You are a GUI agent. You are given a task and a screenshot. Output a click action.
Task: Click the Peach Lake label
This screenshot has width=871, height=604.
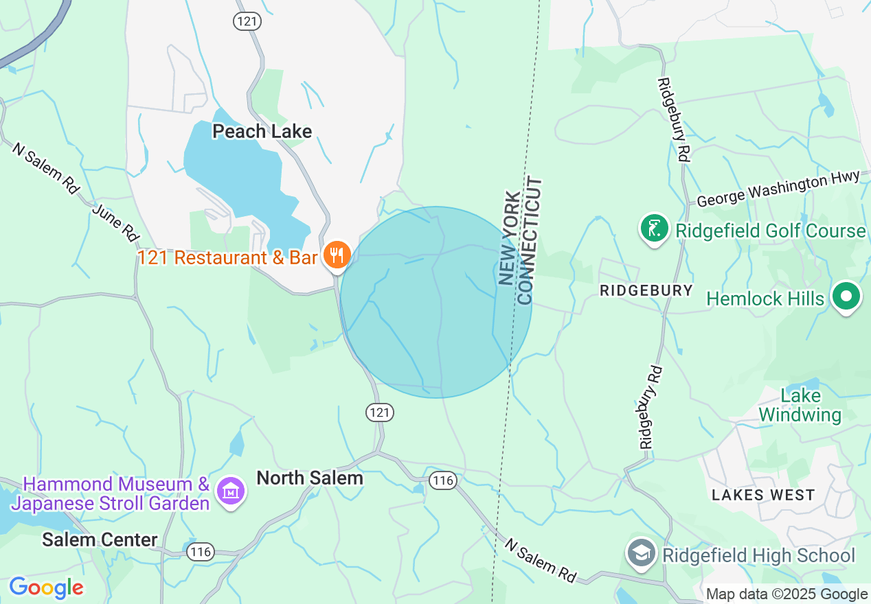point(262,131)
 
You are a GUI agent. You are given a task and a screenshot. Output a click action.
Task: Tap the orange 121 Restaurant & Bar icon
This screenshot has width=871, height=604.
point(337,255)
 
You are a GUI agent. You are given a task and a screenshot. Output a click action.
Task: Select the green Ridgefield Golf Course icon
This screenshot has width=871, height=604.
point(655,229)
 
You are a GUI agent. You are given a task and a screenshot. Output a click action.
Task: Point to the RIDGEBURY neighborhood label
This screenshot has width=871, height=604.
point(646,290)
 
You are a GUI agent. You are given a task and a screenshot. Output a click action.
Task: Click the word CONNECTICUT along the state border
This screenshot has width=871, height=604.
point(530,241)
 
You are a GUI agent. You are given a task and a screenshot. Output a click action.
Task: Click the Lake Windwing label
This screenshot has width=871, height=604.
point(800,405)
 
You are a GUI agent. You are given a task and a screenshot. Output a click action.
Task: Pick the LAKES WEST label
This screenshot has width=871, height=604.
point(763,495)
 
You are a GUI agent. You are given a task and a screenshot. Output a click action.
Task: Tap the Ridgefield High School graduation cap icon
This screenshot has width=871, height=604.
point(642,553)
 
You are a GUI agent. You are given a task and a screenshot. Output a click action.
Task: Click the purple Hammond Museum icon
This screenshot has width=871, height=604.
point(231,491)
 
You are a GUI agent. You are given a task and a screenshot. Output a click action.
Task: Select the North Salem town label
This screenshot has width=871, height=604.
point(309,478)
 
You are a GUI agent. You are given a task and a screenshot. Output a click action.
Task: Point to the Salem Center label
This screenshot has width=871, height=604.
point(100,539)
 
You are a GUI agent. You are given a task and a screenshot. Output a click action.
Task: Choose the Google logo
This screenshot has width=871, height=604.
point(46,588)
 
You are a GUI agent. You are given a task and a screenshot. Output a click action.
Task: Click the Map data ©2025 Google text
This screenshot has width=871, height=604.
point(787,594)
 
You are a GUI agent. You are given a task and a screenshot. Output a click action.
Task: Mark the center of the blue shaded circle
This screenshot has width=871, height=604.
point(436,302)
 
